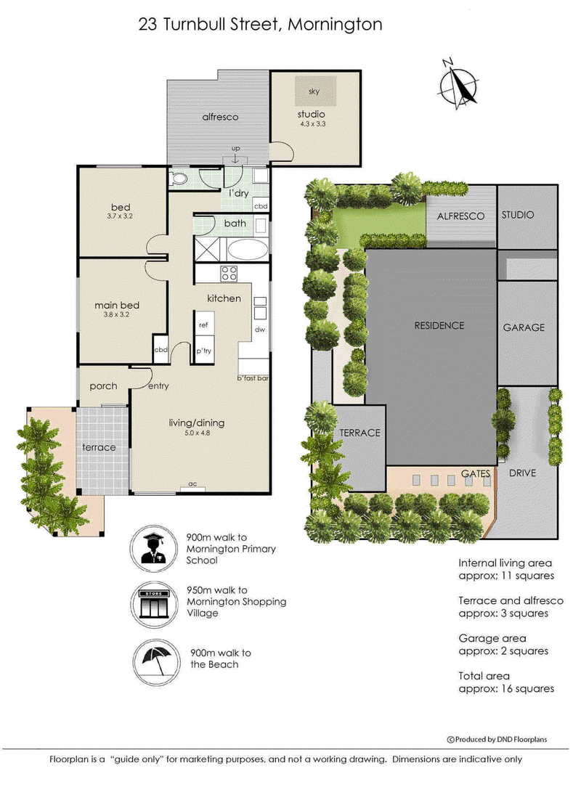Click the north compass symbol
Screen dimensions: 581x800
[459, 84]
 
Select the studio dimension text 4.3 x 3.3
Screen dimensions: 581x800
[312, 124]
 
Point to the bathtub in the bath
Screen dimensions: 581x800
[247, 250]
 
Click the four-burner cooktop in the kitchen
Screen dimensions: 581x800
[229, 274]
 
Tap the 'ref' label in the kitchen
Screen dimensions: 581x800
[203, 325]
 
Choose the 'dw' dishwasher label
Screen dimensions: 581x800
[260, 330]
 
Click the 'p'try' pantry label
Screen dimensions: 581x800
[203, 351]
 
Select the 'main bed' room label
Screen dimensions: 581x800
[117, 305]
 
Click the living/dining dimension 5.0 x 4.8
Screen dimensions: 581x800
[197, 433]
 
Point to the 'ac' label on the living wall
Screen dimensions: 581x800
[192, 483]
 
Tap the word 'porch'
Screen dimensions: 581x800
[104, 386]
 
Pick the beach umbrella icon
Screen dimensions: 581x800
[156, 663]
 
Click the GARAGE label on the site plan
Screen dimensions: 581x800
[524, 327]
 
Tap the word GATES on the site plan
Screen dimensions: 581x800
[475, 473]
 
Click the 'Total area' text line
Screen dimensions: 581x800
[484, 676]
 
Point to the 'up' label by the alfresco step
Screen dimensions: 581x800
[235, 149]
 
